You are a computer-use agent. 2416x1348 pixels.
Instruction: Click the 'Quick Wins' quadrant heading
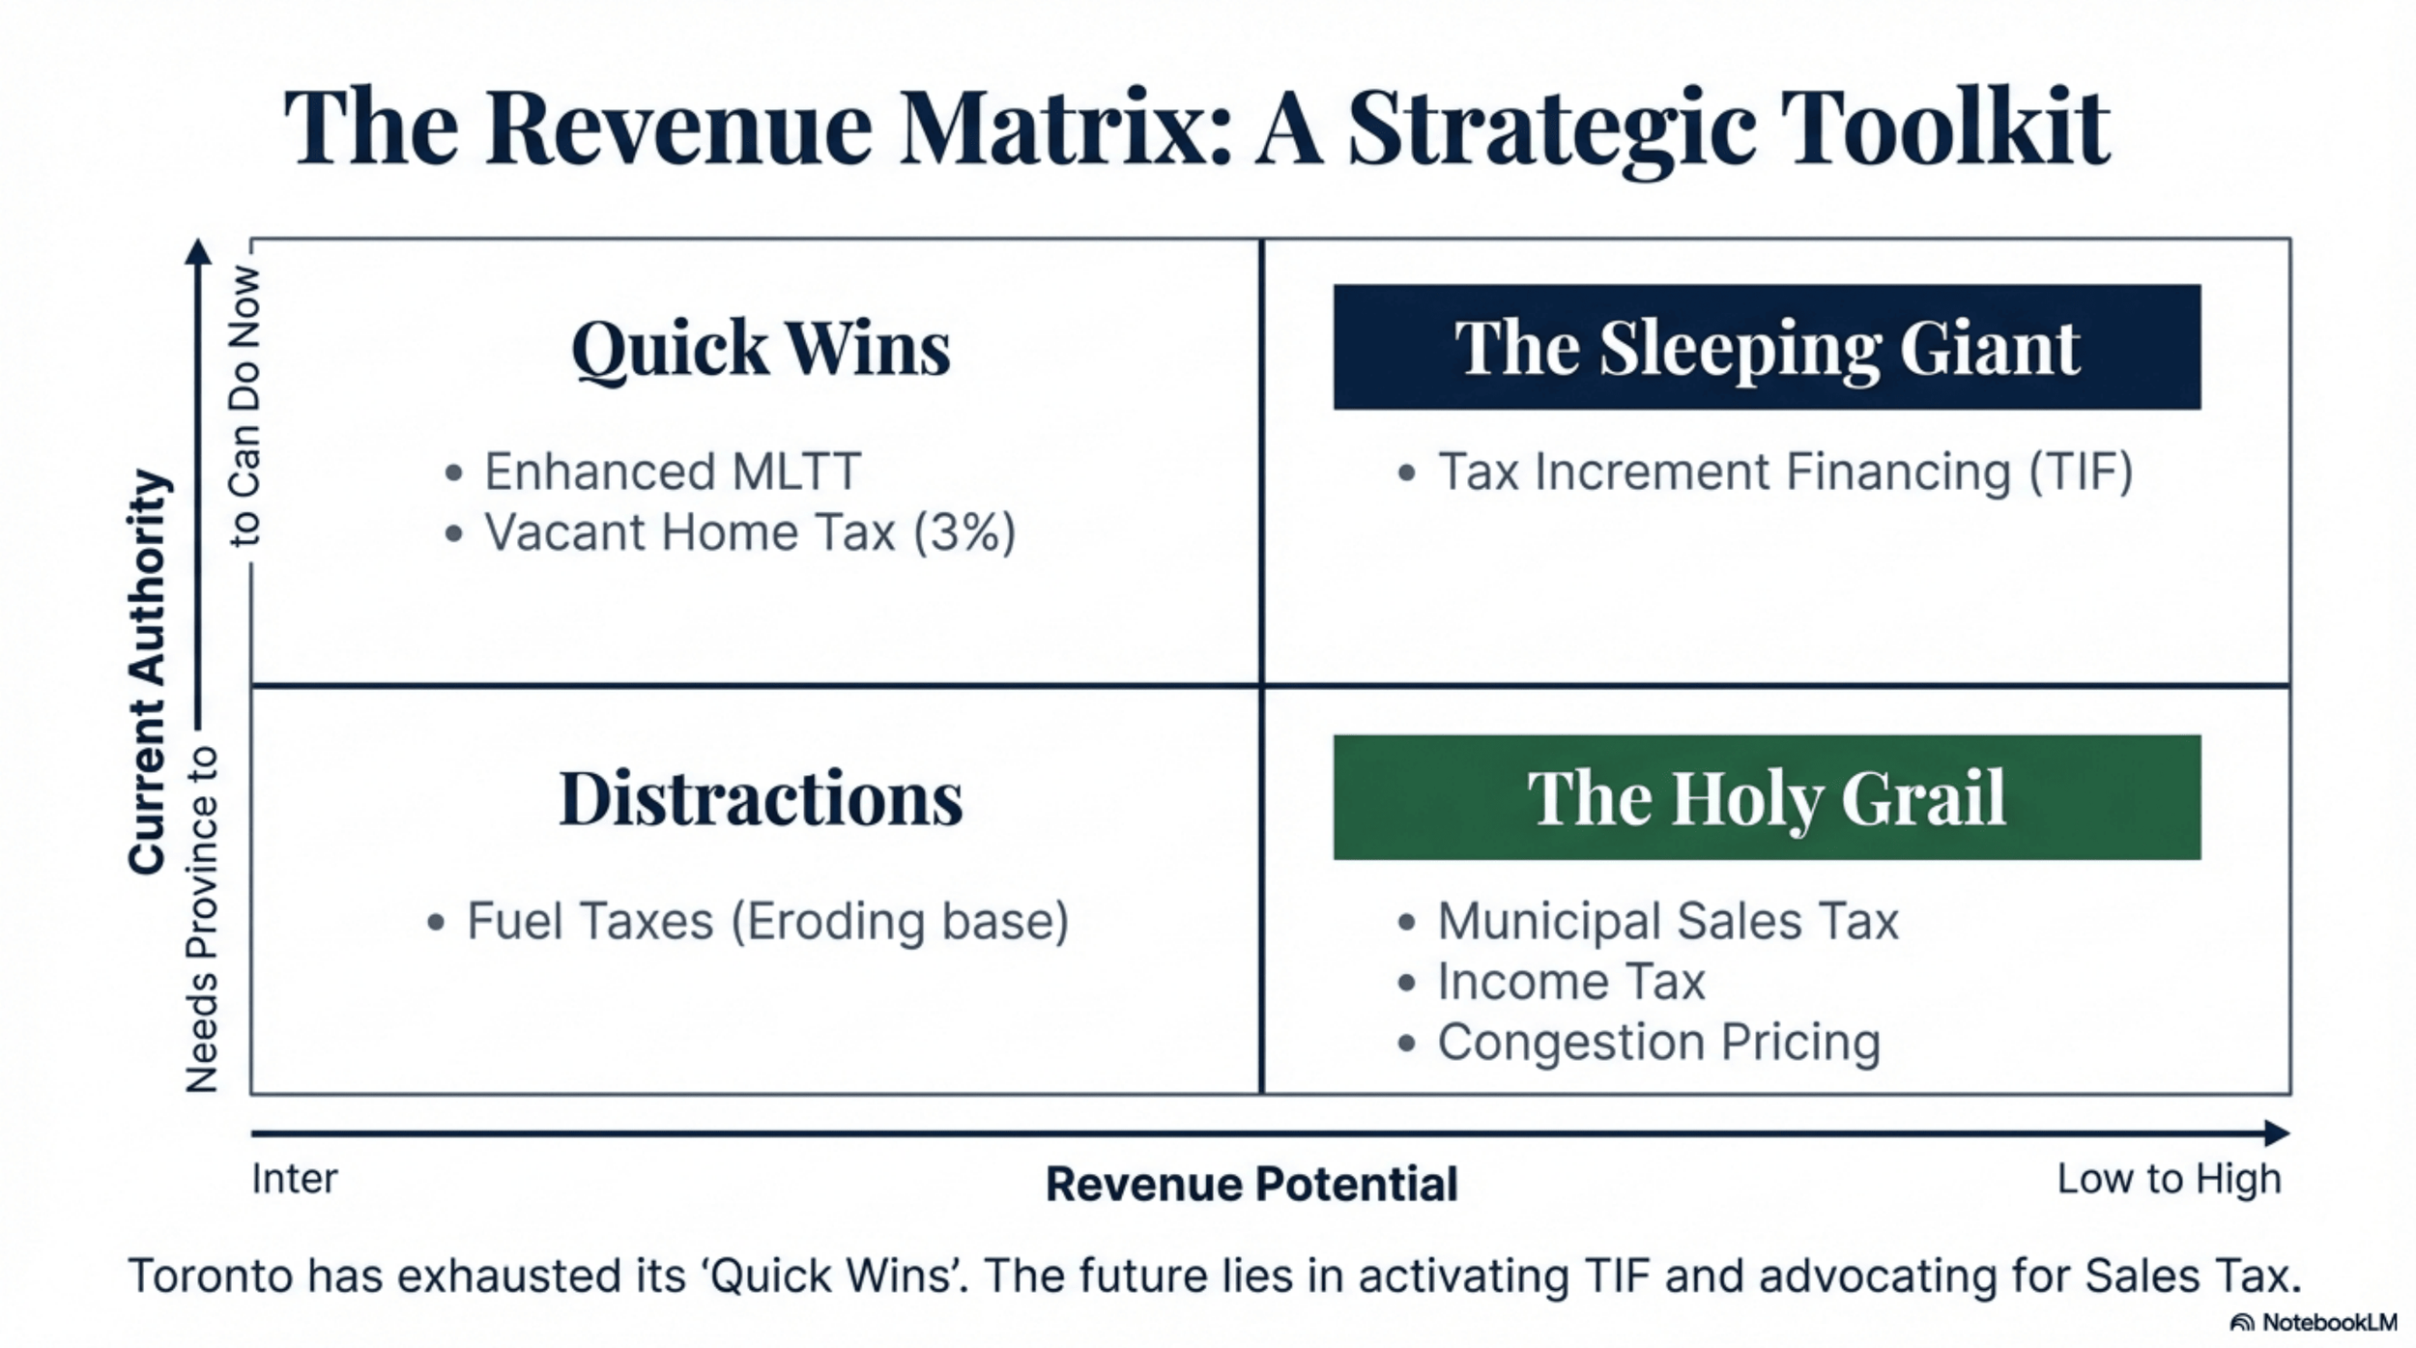coord(761,349)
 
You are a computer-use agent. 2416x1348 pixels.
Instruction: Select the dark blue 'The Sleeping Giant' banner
coord(1767,347)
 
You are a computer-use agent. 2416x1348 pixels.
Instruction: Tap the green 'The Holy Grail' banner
coord(1767,797)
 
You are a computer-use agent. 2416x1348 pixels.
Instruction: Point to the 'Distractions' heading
coord(761,799)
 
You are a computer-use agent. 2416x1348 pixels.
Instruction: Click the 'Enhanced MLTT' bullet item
coord(672,472)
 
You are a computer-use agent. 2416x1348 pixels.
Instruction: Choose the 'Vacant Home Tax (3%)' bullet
coord(749,532)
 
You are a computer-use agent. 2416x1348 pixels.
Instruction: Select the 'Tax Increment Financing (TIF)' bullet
coord(1784,472)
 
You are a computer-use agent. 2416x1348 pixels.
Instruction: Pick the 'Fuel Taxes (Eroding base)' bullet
coord(767,921)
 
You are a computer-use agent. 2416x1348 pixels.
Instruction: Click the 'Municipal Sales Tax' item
coord(1667,921)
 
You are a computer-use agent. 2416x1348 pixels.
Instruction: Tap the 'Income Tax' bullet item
coord(1570,982)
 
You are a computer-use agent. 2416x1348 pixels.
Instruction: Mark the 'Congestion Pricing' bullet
coord(1658,1042)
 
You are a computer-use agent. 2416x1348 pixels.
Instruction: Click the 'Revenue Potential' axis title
coord(1251,1184)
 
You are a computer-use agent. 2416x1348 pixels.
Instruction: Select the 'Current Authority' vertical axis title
coord(149,673)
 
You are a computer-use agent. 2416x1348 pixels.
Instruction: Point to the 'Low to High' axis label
coord(2169,1179)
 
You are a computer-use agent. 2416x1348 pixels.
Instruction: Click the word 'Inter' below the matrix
coord(295,1179)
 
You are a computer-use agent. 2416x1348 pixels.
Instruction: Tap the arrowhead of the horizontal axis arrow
coord(2277,1133)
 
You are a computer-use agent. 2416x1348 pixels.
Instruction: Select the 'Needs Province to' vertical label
coord(202,919)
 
